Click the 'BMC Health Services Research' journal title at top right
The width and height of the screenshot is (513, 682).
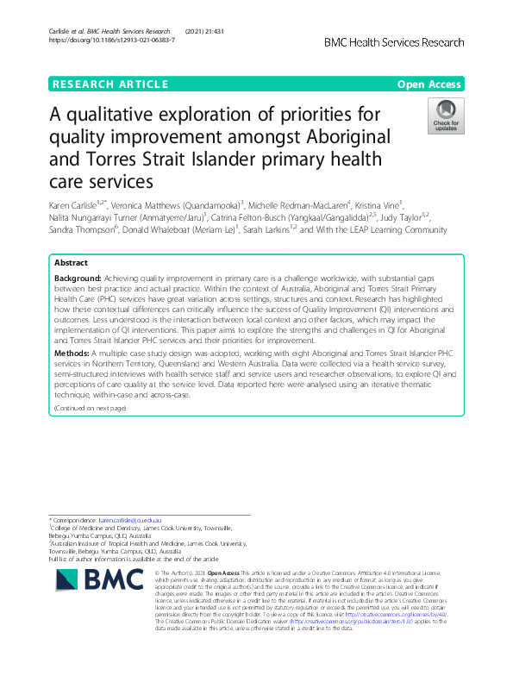pyautogui.click(x=393, y=41)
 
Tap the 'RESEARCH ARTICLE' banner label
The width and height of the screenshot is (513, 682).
pyautogui.click(x=110, y=84)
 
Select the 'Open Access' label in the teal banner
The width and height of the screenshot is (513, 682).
pyautogui.click(x=430, y=84)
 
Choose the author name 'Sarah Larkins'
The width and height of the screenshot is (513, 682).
pyautogui.click(x=266, y=230)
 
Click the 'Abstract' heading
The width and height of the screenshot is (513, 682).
pyautogui.click(x=70, y=262)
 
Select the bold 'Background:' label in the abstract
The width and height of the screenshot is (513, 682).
pyautogui.click(x=78, y=279)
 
